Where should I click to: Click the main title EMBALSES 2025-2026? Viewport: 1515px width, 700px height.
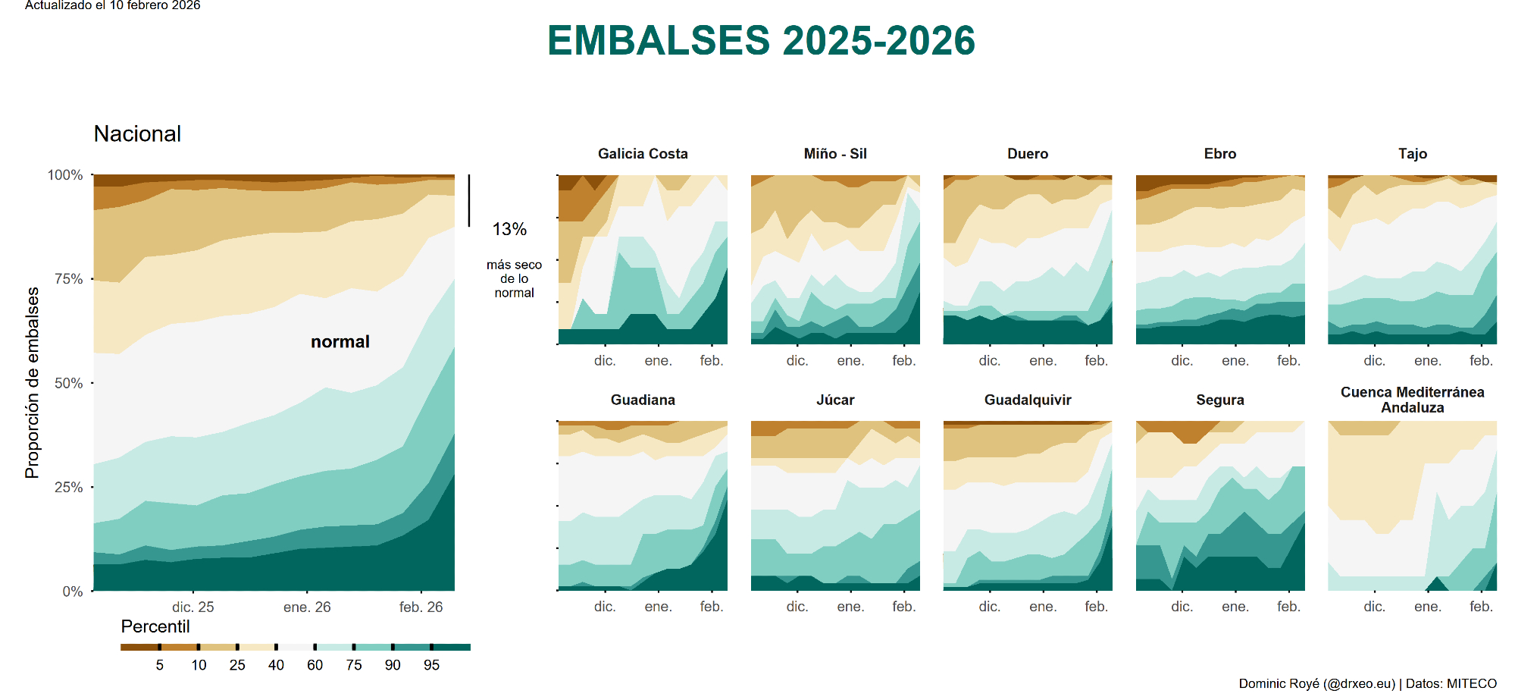pos(761,41)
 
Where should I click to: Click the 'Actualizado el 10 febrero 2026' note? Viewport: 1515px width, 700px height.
pos(113,6)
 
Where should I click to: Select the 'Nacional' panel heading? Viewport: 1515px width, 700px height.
pos(137,134)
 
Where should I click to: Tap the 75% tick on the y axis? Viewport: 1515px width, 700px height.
pos(68,279)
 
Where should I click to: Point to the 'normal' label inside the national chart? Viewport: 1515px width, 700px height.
pos(340,342)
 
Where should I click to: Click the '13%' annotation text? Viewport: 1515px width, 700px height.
pos(509,229)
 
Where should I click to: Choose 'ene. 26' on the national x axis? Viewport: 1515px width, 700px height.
pos(307,607)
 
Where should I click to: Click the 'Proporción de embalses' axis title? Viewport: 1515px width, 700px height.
pos(32,383)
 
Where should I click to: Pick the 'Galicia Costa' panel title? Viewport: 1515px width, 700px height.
pos(643,154)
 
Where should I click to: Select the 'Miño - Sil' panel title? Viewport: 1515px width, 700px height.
pos(835,154)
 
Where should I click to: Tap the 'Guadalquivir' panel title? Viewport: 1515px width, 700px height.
pos(1028,400)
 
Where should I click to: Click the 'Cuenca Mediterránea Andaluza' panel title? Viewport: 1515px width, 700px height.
pos(1412,400)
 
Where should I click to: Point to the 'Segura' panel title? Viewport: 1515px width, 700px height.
pos(1220,400)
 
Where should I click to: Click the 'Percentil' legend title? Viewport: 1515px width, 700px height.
pos(155,627)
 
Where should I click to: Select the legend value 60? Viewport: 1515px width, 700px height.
pos(315,666)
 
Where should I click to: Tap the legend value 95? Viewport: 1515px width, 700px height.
pos(431,666)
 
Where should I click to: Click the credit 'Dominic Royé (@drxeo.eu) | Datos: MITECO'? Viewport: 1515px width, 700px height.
pos(1367,684)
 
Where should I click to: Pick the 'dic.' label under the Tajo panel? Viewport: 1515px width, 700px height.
pos(1374,361)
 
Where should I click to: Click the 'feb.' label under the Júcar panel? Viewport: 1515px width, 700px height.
pos(903,607)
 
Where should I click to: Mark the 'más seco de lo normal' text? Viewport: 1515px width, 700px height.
pos(514,279)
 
